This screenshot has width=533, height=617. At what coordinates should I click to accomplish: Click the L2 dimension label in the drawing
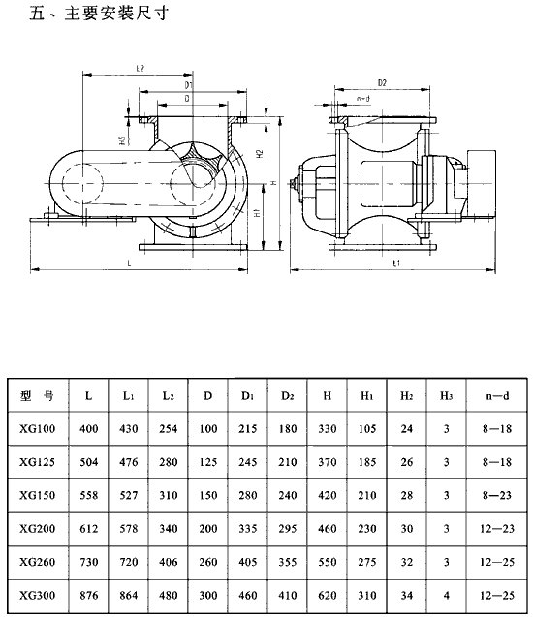coord(141,68)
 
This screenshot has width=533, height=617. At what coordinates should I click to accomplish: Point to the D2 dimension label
coord(382,82)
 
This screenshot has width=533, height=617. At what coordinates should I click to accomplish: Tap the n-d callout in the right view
coord(363,99)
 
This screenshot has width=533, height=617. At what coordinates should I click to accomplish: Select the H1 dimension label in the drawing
coord(258,213)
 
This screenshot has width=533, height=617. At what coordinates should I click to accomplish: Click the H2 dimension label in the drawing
coord(260,153)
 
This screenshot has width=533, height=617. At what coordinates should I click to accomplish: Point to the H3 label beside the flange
coord(122,140)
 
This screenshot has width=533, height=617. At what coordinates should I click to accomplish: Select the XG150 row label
coord(38,495)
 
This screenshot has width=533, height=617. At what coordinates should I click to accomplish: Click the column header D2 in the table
coord(288,395)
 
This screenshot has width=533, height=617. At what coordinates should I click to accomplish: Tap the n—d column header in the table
coord(497,395)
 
